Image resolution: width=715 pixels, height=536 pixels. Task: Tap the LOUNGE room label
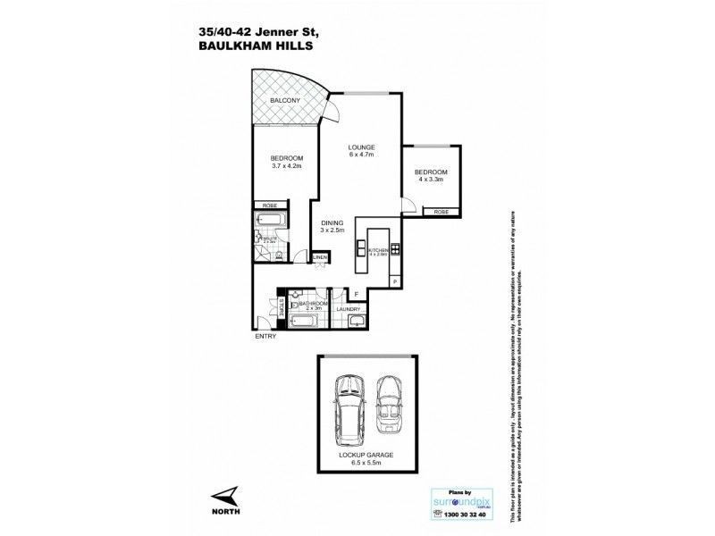point(362,147)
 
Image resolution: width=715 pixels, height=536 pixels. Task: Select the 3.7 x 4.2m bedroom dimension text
point(287,166)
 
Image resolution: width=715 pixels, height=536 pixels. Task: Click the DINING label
point(332,223)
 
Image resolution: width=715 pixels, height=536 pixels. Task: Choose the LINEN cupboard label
point(320,258)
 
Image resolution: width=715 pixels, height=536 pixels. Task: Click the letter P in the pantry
point(395,282)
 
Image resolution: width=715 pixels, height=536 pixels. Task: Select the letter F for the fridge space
point(356,294)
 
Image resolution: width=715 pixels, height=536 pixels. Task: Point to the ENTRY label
point(265,336)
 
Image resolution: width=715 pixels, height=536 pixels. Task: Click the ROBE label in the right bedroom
point(441,212)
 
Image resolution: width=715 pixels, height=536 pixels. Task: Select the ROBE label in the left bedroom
point(269,205)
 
